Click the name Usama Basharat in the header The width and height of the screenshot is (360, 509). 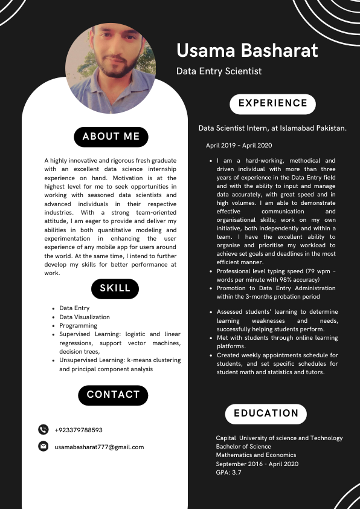247,50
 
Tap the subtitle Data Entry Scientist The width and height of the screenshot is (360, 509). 219,71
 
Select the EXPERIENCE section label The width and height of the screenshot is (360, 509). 273,103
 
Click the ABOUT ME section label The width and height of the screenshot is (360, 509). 111,137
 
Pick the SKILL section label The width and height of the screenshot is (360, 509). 115,288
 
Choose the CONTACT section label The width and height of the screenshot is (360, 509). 113,395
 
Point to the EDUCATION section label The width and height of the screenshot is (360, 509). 266,413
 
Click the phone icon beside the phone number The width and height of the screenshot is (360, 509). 43,430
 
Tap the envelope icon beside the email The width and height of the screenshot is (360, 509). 43,447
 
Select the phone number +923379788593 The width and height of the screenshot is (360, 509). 79,430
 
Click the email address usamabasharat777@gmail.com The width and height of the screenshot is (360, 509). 99,447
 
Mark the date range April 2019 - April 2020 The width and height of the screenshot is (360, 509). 239,146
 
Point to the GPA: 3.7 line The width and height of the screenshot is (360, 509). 228,472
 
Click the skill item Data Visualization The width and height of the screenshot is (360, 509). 85,317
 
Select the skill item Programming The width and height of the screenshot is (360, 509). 79,325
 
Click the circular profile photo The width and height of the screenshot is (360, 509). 111,69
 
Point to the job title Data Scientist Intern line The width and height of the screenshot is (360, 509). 272,128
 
